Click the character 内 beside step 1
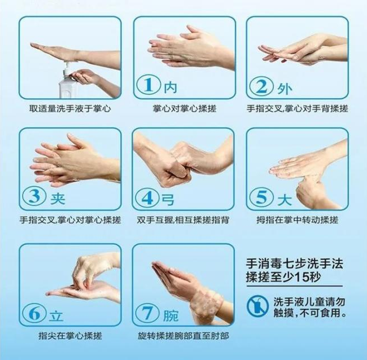[169, 87]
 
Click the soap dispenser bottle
[68, 82]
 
